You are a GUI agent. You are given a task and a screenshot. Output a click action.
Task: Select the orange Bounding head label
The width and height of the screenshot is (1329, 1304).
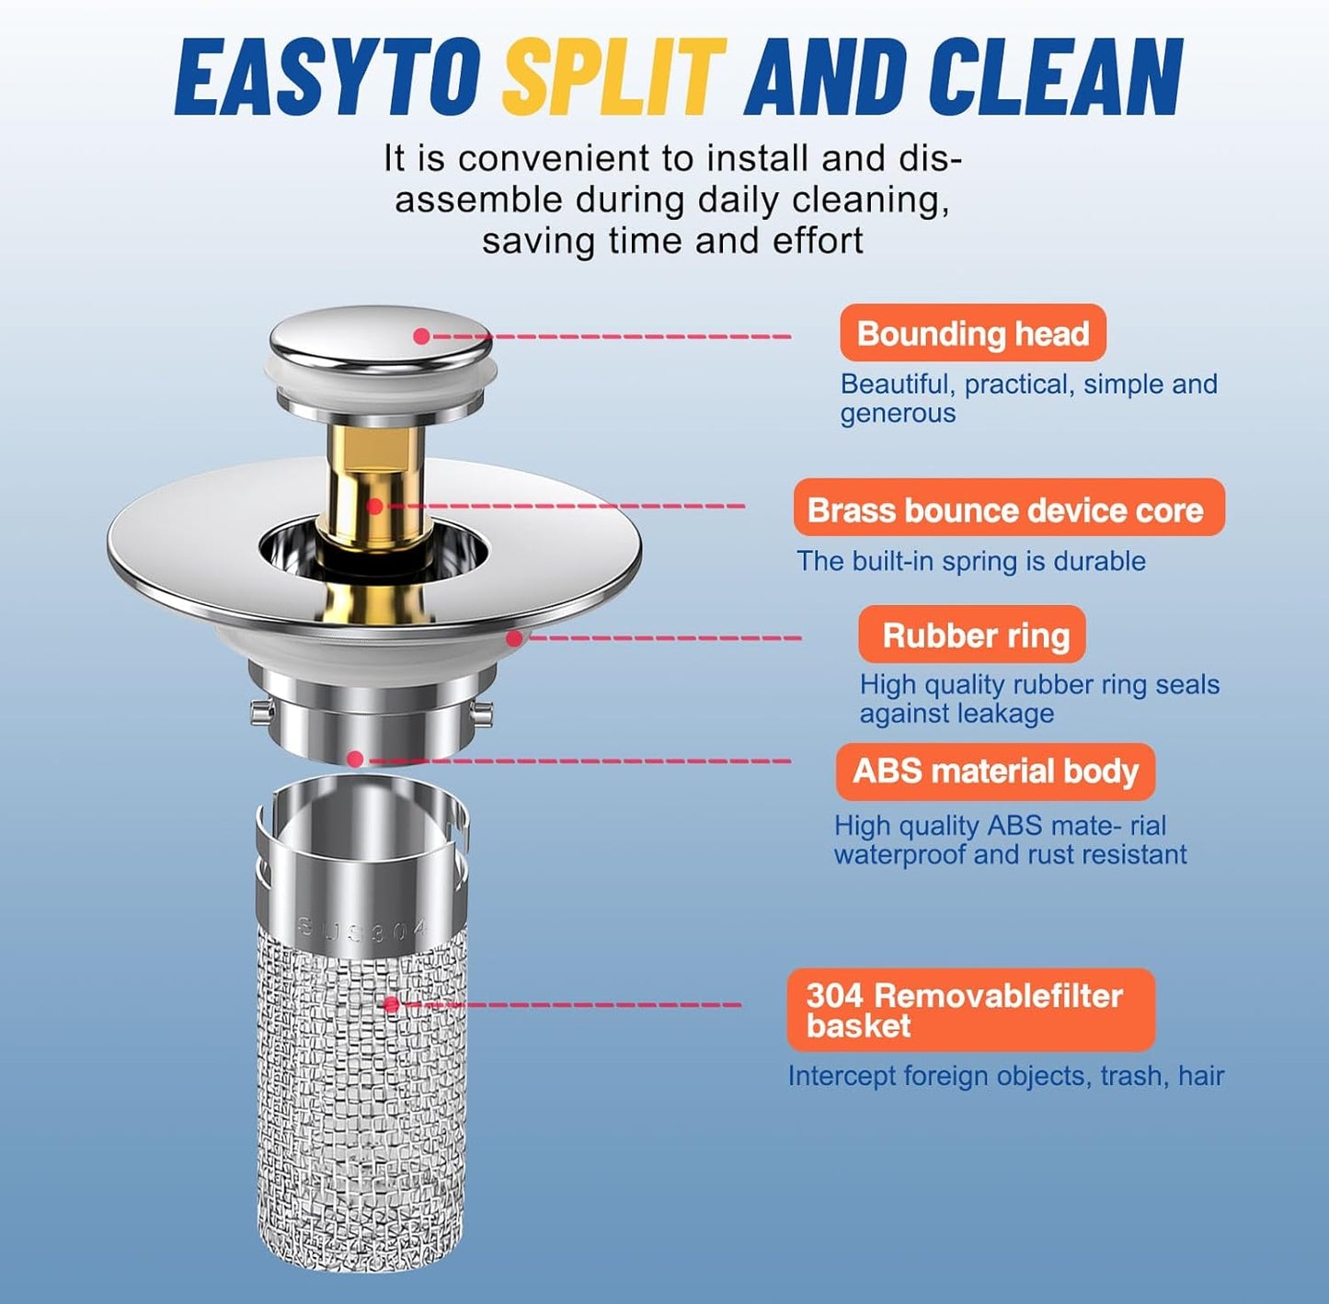point(972,333)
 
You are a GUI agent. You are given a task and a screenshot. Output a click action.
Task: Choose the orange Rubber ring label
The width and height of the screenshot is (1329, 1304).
point(972,635)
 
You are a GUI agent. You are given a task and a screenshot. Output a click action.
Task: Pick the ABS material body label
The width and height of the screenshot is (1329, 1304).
point(995,771)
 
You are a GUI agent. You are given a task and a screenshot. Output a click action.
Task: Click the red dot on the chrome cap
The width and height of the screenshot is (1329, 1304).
point(421,336)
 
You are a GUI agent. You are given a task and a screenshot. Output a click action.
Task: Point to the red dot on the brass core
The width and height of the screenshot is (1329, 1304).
point(374,506)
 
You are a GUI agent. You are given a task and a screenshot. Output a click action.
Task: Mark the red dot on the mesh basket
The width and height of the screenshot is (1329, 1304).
point(391,1004)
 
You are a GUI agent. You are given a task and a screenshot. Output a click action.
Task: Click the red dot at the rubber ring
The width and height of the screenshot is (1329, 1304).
point(514,638)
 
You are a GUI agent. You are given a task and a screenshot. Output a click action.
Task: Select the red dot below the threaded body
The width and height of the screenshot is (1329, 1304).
point(354,760)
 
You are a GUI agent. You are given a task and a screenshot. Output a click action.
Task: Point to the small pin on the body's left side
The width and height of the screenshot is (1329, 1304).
point(259,711)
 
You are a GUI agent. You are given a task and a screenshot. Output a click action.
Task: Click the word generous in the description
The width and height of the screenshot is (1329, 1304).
point(898,414)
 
